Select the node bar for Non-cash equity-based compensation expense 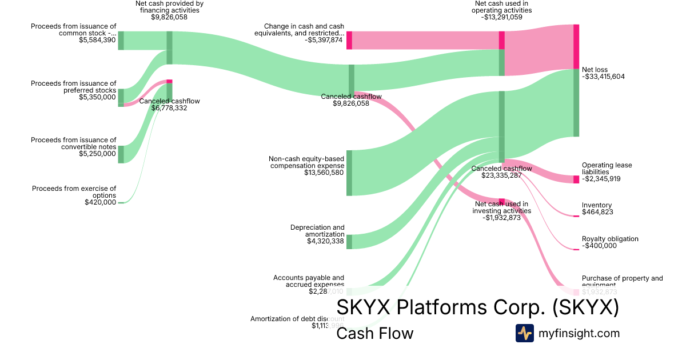click(349, 173)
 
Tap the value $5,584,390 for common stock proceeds click(97, 40)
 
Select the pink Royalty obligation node click(576, 249)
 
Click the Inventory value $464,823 click(597, 212)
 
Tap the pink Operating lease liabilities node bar click(576, 179)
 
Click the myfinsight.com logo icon click(524, 333)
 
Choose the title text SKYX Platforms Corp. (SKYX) click(477, 307)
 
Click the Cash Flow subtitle click(374, 333)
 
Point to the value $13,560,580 click(324, 173)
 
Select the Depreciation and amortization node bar click(349, 242)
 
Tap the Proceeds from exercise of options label click(74, 191)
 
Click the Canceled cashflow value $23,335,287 click(501, 175)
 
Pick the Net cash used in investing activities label click(501, 207)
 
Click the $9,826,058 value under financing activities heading click(169, 17)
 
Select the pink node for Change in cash click(349, 41)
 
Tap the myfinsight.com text click(579, 333)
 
